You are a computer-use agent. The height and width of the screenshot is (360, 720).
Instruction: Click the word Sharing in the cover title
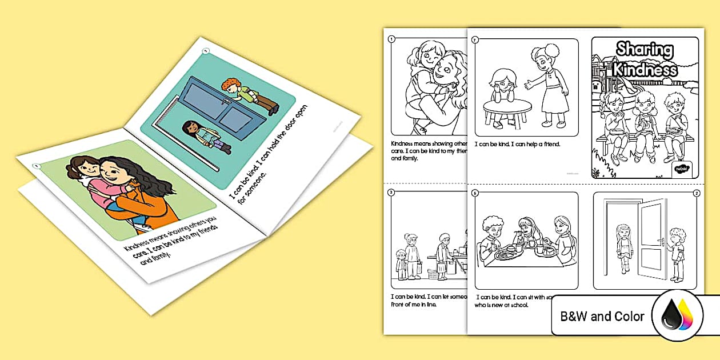pyautogui.click(x=645, y=50)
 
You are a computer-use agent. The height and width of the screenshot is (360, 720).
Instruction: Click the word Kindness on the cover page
pyautogui.click(x=645, y=70)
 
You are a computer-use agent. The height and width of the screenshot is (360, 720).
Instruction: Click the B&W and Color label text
pyautogui.click(x=602, y=316)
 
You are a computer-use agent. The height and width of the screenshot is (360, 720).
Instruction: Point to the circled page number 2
pyautogui.click(x=697, y=193)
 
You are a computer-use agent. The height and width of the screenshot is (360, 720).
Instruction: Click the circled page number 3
pyautogui.click(x=391, y=193)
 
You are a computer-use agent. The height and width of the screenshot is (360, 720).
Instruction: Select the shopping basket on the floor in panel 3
pyautogui.click(x=433, y=274)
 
